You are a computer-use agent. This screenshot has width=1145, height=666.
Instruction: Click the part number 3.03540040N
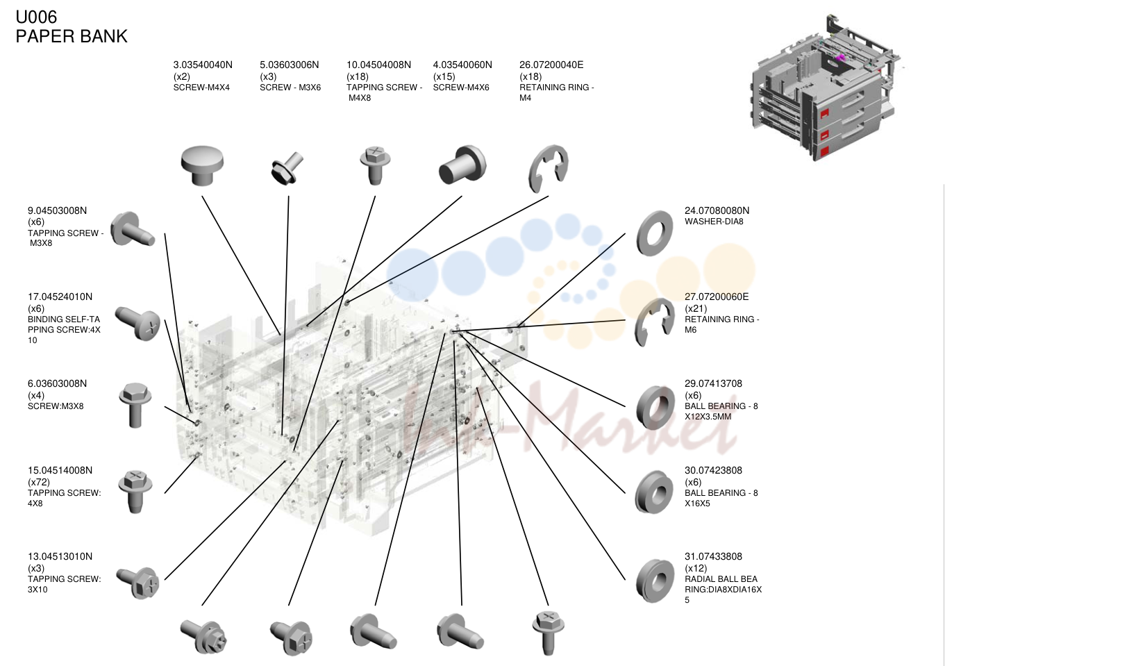coord(203,65)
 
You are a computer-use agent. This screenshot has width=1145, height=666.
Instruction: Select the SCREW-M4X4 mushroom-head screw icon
coord(202,165)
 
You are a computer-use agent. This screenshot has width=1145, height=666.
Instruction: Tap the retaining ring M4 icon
coord(548,169)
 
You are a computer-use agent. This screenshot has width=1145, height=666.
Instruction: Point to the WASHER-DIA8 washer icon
coord(654,233)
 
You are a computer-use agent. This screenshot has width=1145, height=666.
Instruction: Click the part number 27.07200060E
coord(716,297)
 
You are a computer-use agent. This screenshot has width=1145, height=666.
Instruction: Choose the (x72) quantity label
coord(39,482)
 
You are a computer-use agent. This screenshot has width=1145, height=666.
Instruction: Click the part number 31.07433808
coord(713,556)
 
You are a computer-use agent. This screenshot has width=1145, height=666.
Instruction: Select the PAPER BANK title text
coord(72,36)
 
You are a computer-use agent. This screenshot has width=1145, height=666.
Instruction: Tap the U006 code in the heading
coord(36,17)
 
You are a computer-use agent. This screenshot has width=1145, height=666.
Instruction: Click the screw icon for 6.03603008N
coord(135,406)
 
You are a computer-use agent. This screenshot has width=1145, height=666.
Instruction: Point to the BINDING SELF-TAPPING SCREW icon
coord(137,323)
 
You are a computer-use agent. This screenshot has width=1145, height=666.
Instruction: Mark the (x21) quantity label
coord(696,308)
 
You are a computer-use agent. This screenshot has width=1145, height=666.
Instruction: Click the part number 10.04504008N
coord(378,65)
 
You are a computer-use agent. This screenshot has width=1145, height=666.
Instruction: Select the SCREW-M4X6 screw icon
coord(462,165)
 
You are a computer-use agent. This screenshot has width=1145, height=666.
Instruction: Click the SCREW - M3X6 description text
coord(290,88)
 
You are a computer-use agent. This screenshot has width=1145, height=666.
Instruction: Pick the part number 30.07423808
coord(713,470)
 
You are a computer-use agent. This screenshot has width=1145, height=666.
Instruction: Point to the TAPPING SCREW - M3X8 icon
coord(133,229)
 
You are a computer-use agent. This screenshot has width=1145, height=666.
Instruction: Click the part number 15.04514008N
coord(60,470)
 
